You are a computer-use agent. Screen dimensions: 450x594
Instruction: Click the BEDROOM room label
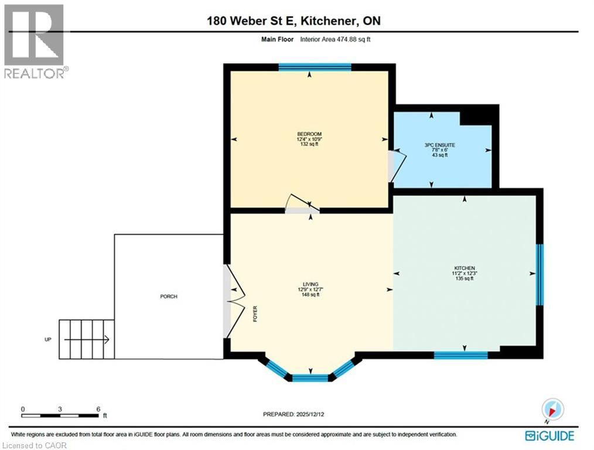point(309,134)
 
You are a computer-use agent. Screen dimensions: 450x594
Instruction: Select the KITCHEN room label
point(463,268)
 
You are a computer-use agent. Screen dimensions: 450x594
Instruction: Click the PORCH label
point(169,296)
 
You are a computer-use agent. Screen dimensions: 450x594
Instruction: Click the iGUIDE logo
point(549,435)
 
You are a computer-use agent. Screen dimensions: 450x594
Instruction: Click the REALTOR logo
point(35,41)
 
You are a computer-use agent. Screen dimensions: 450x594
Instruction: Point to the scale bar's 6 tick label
point(98,409)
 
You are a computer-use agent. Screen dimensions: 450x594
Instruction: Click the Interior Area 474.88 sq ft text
point(336,40)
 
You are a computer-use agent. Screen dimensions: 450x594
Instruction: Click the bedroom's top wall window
point(315,67)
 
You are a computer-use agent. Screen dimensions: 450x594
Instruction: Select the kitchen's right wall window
point(540,275)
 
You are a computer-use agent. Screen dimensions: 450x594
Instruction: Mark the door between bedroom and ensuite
point(395,166)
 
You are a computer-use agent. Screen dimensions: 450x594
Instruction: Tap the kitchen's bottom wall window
point(460,355)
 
